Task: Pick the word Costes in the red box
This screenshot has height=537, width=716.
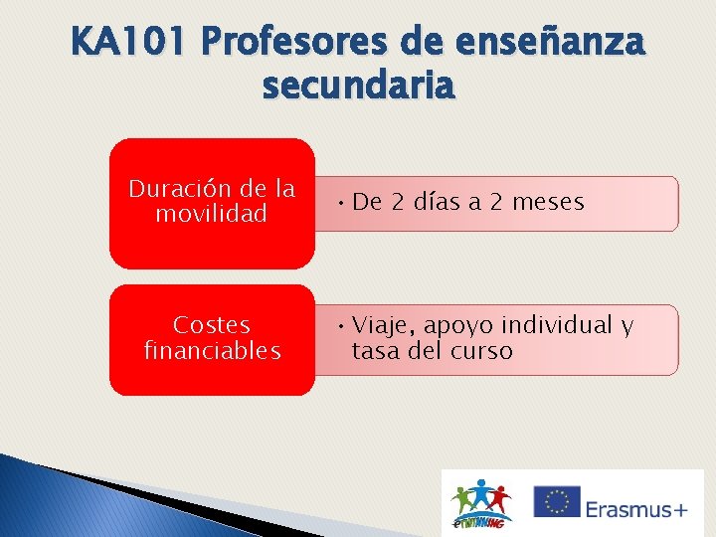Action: (211, 325)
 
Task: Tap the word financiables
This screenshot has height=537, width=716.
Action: (212, 351)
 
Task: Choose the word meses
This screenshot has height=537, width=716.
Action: (546, 202)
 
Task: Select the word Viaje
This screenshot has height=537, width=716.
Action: (384, 325)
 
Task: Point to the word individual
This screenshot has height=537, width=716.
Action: (557, 325)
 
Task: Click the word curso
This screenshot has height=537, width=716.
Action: (481, 351)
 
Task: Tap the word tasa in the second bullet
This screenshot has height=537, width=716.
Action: (374, 351)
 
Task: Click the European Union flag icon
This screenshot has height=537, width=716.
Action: (556, 502)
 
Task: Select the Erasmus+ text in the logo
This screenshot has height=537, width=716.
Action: (635, 509)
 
